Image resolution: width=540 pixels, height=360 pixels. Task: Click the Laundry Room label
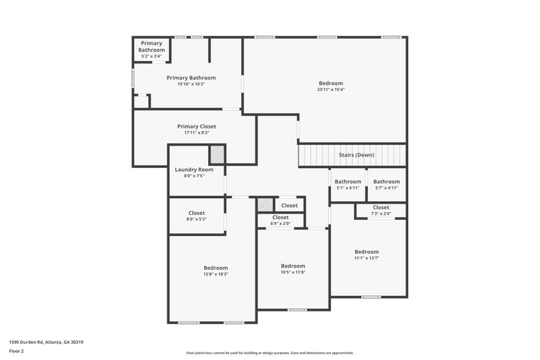tap(194, 170)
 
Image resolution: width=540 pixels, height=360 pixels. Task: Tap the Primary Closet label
tap(197, 126)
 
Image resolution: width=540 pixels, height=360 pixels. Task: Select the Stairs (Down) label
tap(356, 155)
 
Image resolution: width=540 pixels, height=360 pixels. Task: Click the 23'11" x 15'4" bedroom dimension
tap(331, 89)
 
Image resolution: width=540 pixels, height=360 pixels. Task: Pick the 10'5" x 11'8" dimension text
tap(293, 271)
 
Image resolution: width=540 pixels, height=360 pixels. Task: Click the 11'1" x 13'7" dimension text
tap(366, 257)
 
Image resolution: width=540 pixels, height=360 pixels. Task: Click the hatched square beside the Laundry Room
tap(218, 153)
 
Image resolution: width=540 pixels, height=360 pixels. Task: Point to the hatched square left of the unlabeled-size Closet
tap(265, 205)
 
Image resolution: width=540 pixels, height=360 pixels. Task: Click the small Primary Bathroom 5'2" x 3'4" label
tap(151, 46)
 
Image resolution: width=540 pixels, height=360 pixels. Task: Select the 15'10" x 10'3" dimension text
tap(191, 84)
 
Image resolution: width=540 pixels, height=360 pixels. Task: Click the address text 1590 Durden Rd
tap(46, 341)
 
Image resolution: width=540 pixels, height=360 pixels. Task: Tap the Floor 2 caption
tap(17, 350)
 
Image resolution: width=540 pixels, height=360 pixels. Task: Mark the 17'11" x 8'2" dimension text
tap(197, 133)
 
